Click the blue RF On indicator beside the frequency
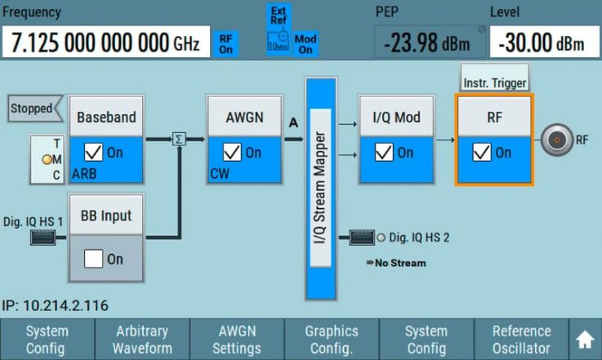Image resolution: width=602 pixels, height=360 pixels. pos(225,44)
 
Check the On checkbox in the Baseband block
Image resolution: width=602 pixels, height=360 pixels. pos(95,153)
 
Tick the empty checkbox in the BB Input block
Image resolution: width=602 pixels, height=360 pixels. pos(95,259)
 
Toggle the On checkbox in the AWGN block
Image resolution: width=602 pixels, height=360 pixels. pos(233,153)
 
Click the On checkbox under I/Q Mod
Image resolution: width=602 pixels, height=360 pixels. pos(383,153)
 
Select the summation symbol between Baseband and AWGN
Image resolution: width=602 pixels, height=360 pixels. pos(179,140)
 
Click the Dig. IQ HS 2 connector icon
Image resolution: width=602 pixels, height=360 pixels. pos(362,238)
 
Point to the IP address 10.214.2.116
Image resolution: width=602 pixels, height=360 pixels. pos(56,305)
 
